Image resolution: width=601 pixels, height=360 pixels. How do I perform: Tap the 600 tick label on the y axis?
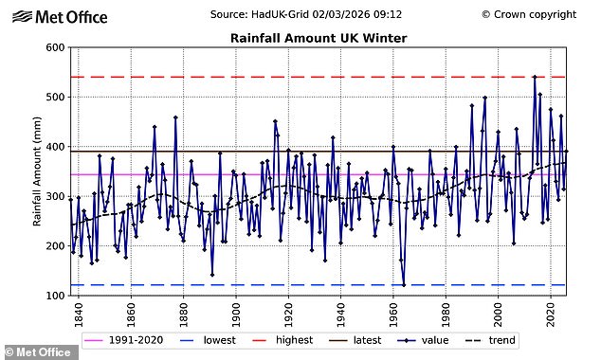point(53,48)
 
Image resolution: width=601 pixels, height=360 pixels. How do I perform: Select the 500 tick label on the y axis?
point(53,98)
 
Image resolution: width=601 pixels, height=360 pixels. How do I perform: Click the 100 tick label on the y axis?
point(53,296)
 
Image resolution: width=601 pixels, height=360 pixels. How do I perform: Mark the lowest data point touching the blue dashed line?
point(404,284)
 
